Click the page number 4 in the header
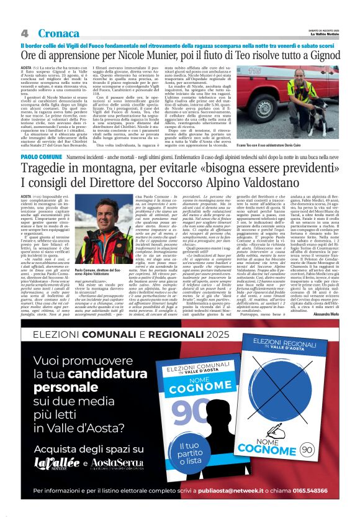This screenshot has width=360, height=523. point(24,33)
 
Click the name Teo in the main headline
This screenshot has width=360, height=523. point(230,57)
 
